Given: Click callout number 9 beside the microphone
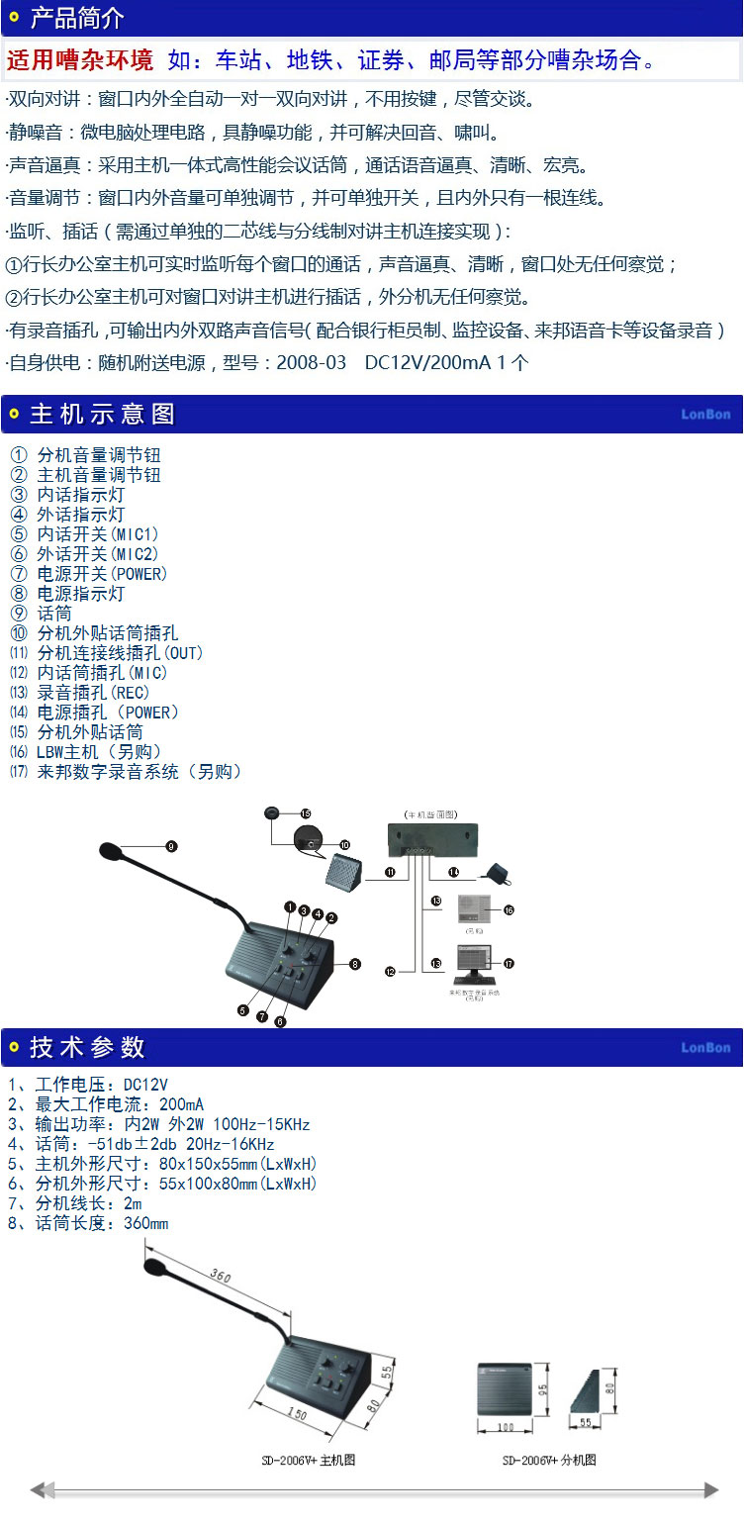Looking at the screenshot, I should pos(171,846).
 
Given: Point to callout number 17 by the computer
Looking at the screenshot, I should pos(509,962).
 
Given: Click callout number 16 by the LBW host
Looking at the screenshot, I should pos(509,908).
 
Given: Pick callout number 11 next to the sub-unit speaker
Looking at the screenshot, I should pos(390,872).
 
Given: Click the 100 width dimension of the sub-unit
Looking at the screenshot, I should pos(507,1426).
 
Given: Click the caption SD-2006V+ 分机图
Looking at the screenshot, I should pos(549,1460).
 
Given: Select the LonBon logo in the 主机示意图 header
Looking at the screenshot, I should pos(705,414).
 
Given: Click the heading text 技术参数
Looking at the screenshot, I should pos(87,1047).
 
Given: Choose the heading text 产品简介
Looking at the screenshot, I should pos(77,17).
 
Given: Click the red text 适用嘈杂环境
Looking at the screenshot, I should pos(80,60).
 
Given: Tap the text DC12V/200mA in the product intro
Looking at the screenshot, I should pos(427,362).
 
